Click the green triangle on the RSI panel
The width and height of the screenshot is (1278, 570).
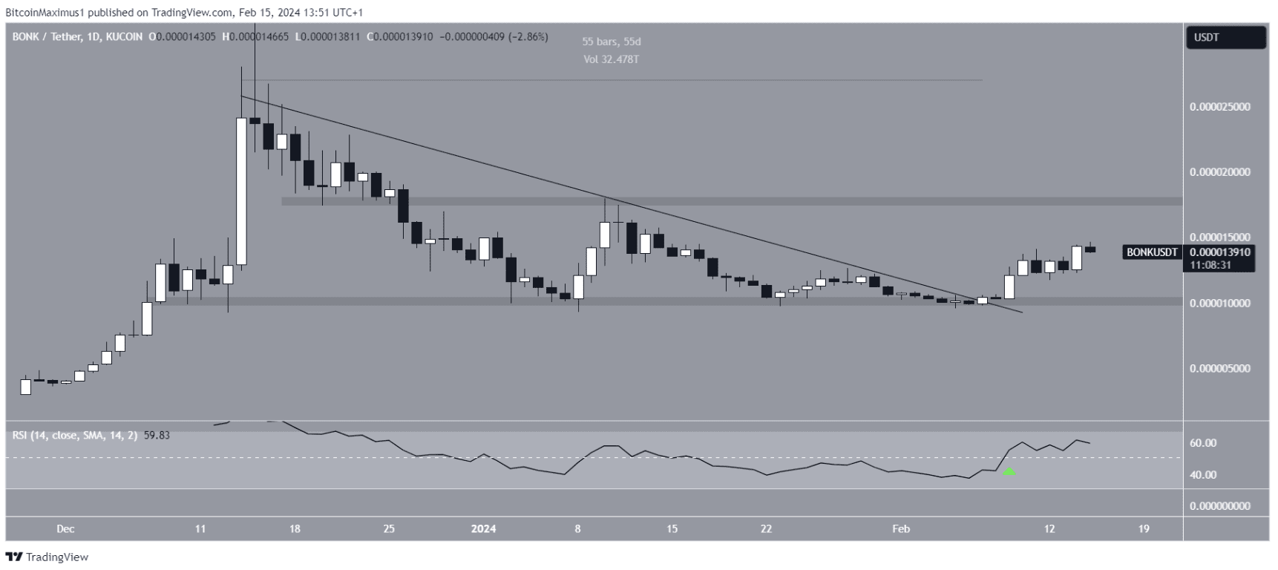1009,471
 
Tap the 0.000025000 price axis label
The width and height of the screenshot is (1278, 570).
1219,107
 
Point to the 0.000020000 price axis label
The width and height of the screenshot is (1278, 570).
1219,172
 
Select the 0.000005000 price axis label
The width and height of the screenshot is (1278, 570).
1219,369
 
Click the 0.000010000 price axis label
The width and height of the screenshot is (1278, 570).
1219,304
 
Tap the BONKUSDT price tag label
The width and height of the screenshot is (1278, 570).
1151,252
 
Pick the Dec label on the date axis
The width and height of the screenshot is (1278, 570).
65,529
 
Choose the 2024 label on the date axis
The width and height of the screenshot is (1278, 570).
483,529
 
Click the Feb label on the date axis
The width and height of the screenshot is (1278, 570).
900,529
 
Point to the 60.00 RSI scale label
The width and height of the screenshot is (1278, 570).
1203,443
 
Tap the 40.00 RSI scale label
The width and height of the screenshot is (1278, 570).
1203,475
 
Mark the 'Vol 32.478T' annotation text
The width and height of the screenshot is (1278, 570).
611,59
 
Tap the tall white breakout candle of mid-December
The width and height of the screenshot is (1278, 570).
241,191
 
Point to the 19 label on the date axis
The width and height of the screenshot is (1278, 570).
1144,529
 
